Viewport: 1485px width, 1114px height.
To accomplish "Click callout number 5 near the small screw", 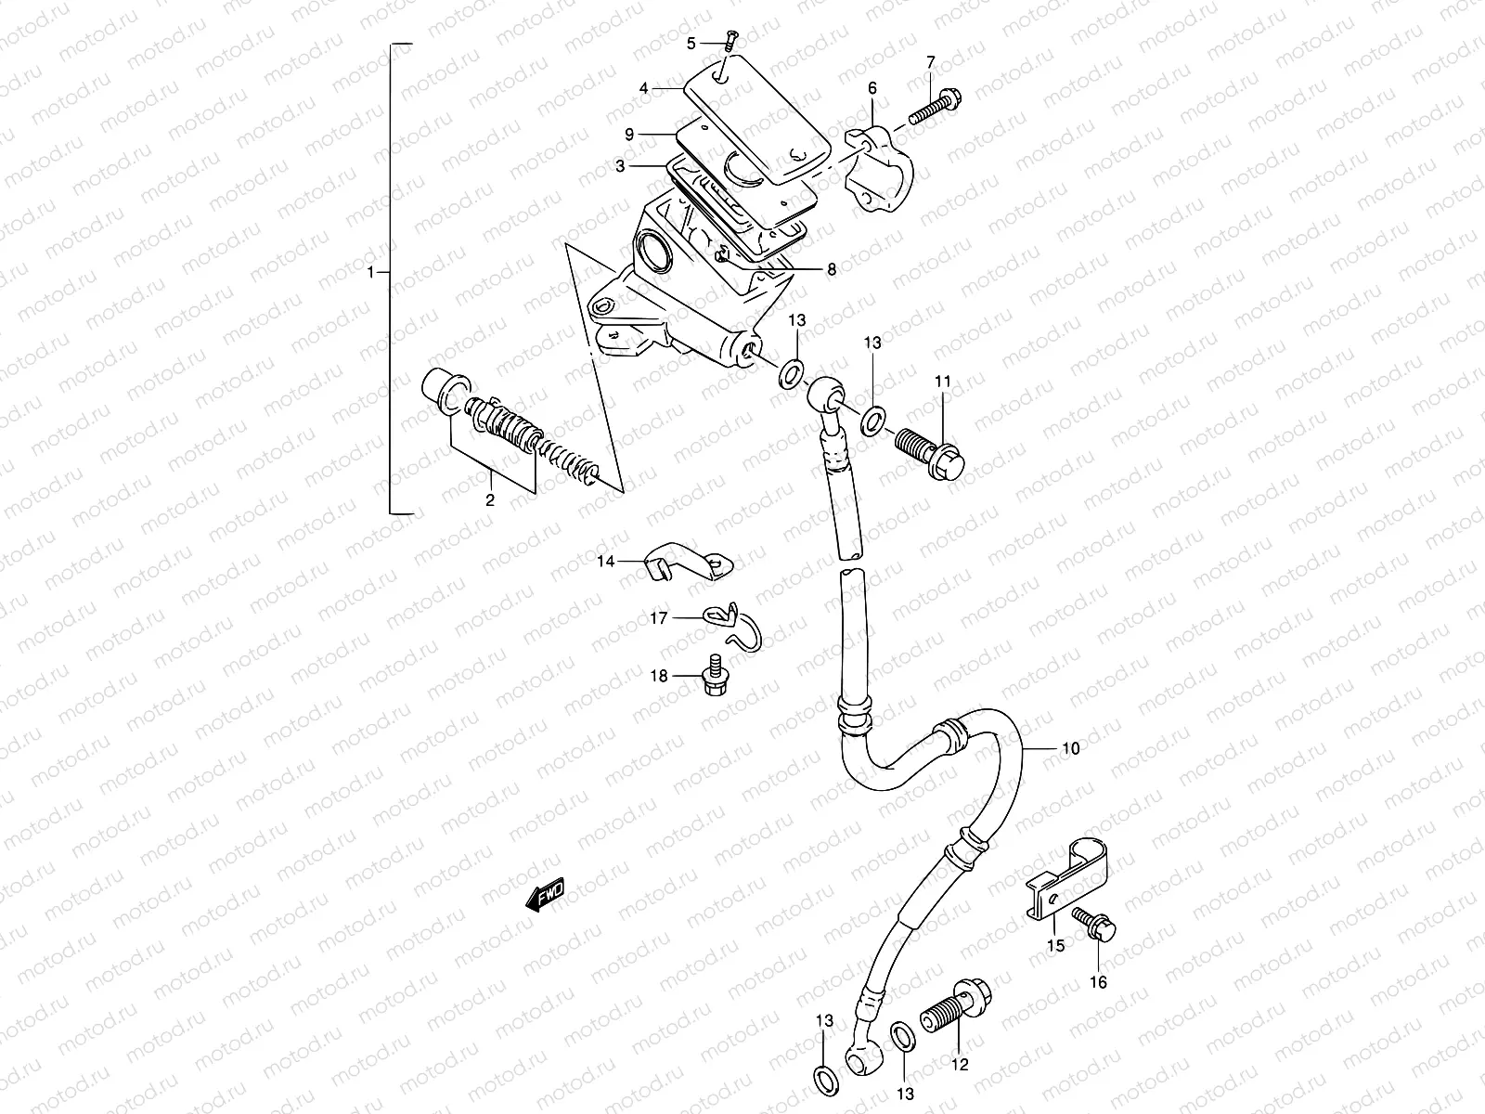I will click(x=691, y=43).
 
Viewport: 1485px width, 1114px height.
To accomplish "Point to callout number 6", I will click(x=872, y=88).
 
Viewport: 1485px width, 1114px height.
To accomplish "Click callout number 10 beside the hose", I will click(x=1070, y=748).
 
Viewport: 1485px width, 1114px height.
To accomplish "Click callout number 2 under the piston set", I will click(x=490, y=499).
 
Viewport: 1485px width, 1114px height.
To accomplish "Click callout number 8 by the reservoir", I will click(x=831, y=269).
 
